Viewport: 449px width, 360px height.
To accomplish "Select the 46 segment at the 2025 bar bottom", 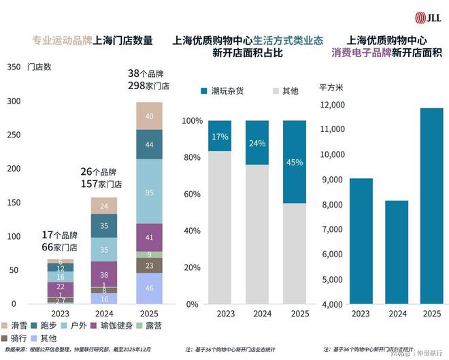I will pyautogui.click(x=149, y=288).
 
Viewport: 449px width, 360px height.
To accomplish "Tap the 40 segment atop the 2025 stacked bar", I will pyautogui.click(x=149, y=116).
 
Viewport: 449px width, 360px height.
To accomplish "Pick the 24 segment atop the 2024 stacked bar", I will pyautogui.click(x=104, y=206).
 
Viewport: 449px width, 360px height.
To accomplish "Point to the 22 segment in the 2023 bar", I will pyautogui.click(x=60, y=287).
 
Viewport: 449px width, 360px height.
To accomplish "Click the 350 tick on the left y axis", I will pyautogui.click(x=13, y=67).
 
